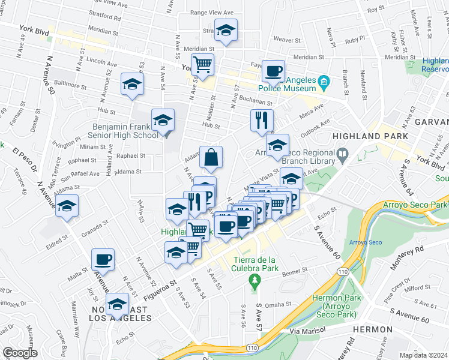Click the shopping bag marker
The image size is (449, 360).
pos(211,158)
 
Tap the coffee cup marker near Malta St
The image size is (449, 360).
pos(103,260)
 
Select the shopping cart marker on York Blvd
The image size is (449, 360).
pos(203,64)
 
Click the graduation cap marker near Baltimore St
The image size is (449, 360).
pos(132,84)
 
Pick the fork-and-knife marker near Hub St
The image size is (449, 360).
pos(262,120)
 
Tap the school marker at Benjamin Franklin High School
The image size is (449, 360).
pos(163,120)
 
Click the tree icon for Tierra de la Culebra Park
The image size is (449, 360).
pos(255,281)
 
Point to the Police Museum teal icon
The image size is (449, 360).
pos(323,81)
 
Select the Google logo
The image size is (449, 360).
pos(20,353)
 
